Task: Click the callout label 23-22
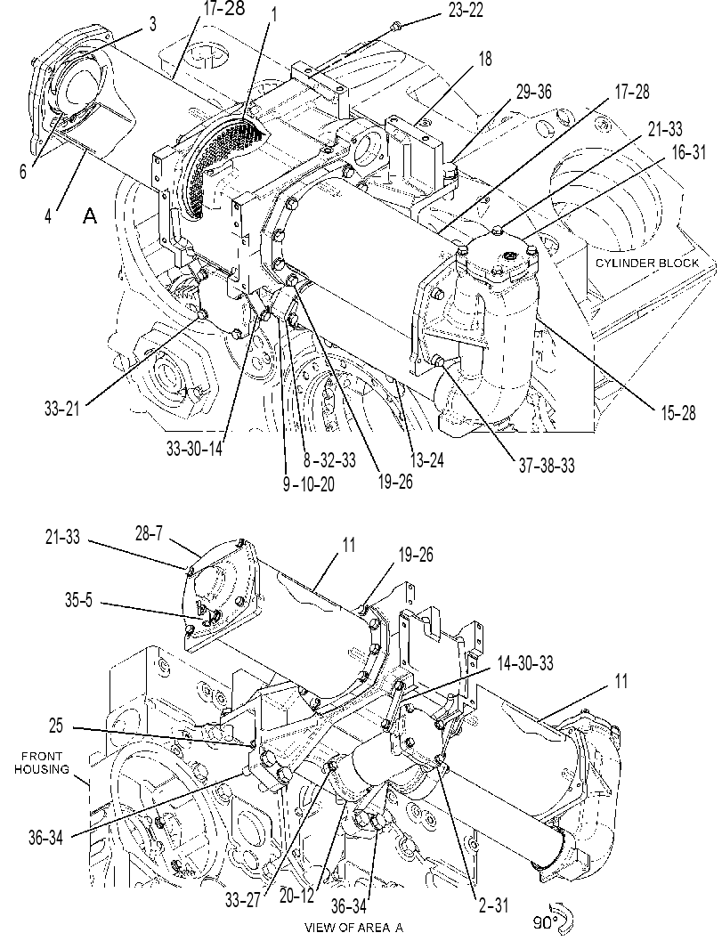[465, 10]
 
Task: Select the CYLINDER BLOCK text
[647, 263]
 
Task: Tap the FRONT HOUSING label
[42, 763]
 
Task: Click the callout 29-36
[533, 93]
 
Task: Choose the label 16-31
[688, 152]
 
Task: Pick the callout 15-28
[678, 413]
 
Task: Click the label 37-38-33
[546, 465]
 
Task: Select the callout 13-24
[426, 460]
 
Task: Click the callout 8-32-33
[329, 460]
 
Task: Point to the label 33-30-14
[194, 449]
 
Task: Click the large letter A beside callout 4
[90, 215]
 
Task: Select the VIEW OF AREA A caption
[353, 927]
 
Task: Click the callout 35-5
[79, 601]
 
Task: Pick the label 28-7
[149, 533]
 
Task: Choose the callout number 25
[56, 726]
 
